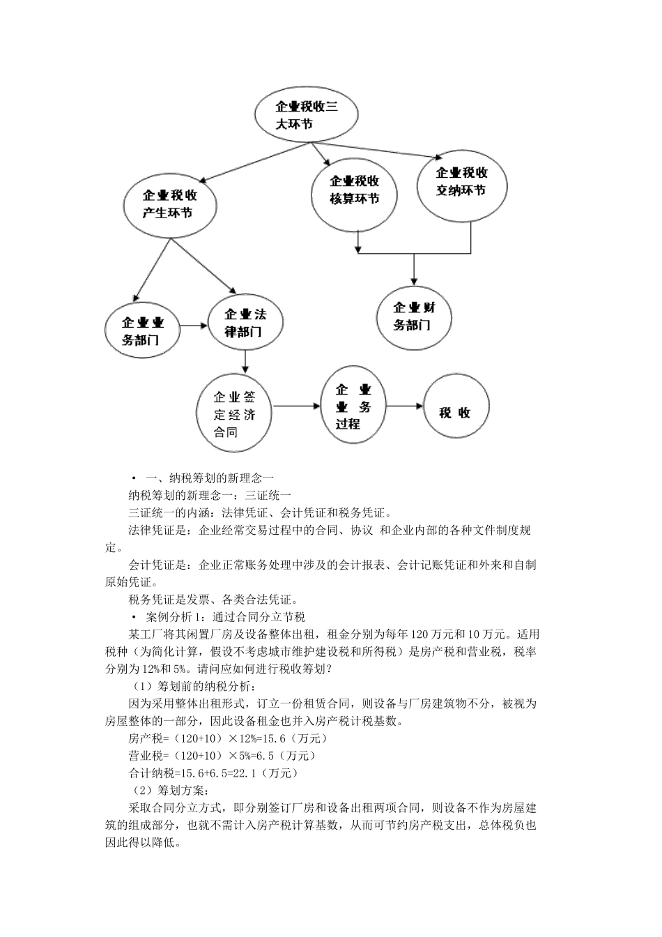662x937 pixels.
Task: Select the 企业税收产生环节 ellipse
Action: [x=170, y=204]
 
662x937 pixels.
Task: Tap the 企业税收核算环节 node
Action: [x=354, y=190]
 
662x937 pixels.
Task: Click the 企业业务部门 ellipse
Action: [x=142, y=331]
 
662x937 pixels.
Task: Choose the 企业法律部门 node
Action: [x=245, y=323]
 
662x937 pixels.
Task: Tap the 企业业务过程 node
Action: [x=353, y=406]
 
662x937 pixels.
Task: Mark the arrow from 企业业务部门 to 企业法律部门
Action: [x=194, y=326]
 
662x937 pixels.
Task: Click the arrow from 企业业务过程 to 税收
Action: [x=404, y=406]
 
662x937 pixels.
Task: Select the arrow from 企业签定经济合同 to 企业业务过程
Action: [x=295, y=405]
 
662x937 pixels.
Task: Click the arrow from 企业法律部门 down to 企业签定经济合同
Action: [x=245, y=360]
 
